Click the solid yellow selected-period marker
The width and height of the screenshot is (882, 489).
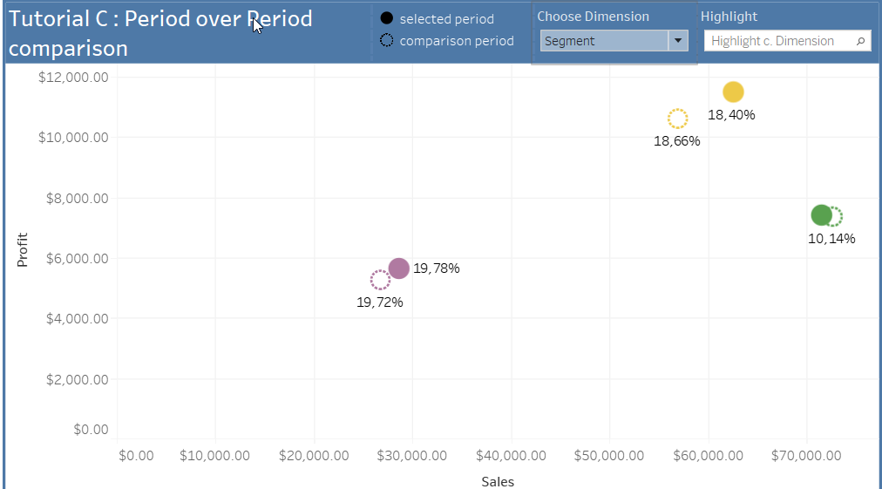(733, 92)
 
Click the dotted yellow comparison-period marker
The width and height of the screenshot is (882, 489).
(677, 119)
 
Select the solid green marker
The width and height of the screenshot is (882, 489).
(821, 215)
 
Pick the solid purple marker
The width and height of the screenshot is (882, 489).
(398, 268)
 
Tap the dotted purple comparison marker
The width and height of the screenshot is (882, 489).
(380, 280)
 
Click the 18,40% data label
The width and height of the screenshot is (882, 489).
(731, 115)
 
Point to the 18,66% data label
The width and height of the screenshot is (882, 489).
(677, 141)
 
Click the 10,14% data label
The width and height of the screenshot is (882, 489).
(831, 238)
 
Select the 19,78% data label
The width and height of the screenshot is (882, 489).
(436, 268)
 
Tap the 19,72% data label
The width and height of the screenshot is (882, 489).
(380, 302)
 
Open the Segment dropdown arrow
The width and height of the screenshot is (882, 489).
(678, 41)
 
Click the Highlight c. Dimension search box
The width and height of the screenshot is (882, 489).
(780, 41)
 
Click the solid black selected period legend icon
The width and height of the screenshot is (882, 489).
(386, 18)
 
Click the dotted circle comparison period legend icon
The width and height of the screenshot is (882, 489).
(386, 40)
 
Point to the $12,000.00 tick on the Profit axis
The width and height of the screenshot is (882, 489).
(74, 77)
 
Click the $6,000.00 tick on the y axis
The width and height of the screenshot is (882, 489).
(74, 258)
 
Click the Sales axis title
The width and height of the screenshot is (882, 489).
(498, 481)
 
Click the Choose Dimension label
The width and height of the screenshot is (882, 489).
(593, 17)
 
